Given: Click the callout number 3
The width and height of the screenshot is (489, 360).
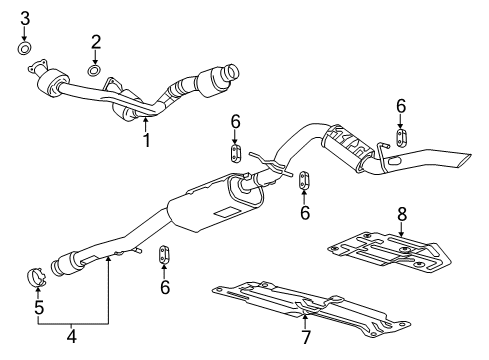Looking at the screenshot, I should [x=26, y=18].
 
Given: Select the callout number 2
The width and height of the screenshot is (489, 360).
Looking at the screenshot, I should [x=96, y=41].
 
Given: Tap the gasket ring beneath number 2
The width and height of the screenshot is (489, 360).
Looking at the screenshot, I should [x=94, y=70].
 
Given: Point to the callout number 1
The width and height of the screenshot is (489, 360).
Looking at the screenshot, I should [x=146, y=140].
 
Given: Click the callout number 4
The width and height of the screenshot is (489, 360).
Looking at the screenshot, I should [x=71, y=337].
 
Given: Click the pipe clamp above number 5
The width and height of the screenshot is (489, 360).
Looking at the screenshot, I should [x=37, y=274].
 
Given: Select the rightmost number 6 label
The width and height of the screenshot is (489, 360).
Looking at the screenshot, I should [x=401, y=105].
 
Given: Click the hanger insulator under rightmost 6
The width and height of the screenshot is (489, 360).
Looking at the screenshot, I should [x=401, y=136].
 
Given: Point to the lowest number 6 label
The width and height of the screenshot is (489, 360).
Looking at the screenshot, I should [x=166, y=287].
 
